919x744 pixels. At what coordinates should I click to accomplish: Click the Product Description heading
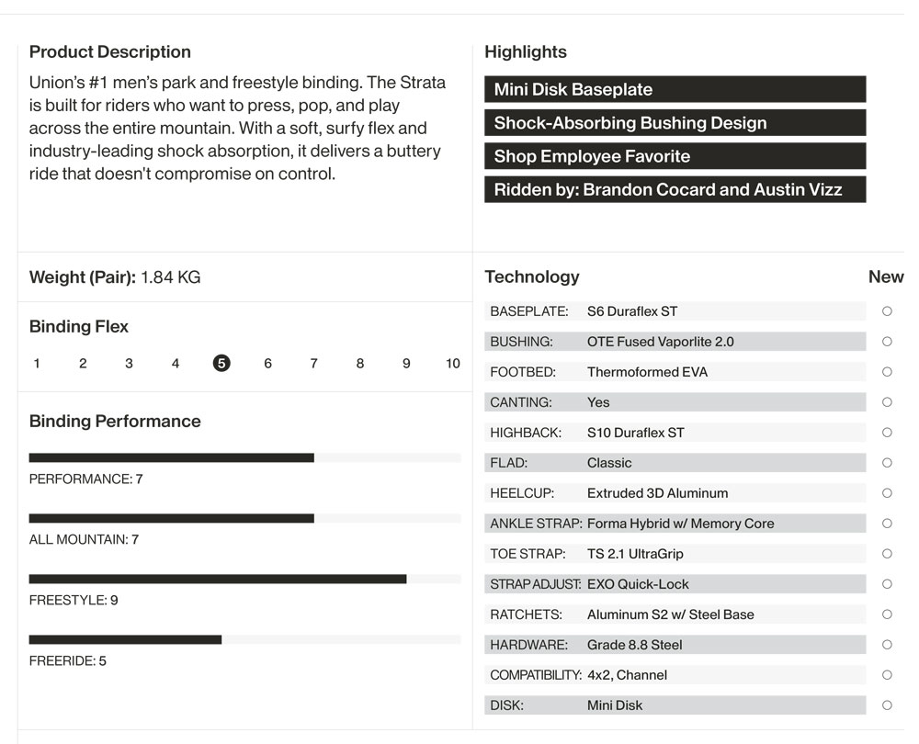110,52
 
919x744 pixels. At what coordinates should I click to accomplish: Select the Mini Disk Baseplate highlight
675,89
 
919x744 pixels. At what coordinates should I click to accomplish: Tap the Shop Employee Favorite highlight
675,156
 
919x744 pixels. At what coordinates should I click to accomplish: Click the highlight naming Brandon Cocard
675,190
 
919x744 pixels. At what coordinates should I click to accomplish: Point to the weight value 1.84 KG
170,277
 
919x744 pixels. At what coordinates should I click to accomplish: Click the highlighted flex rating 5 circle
221,364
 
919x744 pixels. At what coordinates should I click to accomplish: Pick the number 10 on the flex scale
452,364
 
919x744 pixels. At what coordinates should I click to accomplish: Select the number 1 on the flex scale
37,364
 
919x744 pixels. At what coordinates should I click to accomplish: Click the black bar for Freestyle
218,579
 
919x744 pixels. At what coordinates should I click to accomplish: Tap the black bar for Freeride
125,639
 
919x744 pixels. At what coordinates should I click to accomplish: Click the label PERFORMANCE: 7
85,479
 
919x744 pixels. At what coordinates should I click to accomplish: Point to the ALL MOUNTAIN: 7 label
84,540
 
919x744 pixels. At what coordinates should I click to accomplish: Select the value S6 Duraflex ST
632,311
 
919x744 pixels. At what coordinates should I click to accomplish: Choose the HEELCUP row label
522,493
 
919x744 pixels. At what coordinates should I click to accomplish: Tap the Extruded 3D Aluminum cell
657,493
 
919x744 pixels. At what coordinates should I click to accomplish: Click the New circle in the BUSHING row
887,342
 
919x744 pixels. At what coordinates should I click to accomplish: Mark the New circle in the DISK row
887,705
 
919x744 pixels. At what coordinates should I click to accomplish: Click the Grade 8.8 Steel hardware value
634,645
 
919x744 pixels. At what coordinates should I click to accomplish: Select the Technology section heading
532,276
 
